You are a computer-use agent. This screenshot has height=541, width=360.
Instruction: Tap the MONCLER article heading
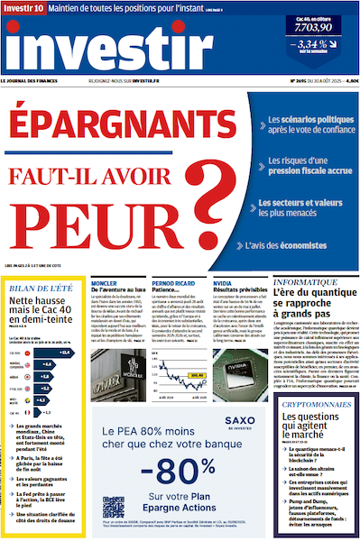point(106,280)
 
